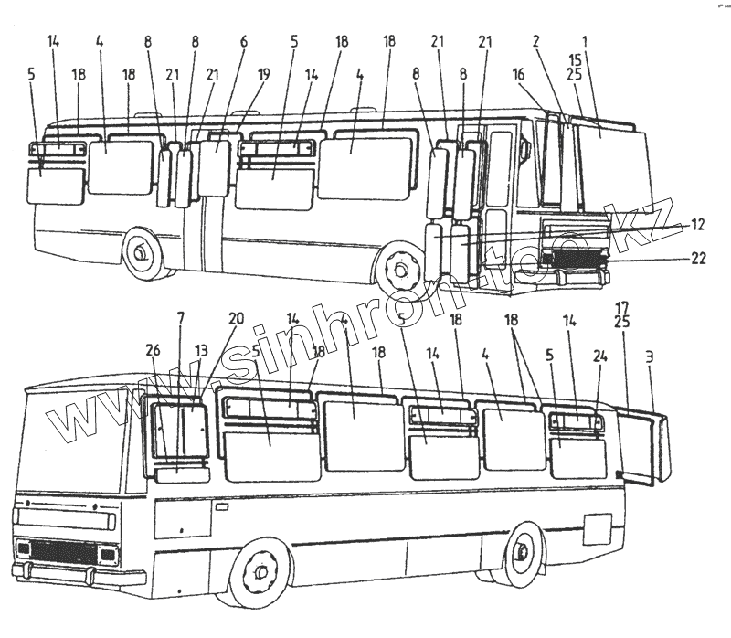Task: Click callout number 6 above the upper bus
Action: coord(244,42)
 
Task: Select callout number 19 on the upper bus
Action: coord(264,78)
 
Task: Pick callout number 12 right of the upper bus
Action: coord(697,222)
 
